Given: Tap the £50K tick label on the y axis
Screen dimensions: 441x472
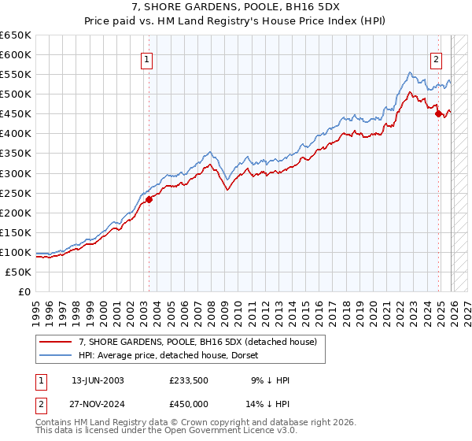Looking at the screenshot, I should [19, 272].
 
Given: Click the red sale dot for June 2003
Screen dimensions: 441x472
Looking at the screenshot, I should [149, 199].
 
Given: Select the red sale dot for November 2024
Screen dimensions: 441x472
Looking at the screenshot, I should [438, 113].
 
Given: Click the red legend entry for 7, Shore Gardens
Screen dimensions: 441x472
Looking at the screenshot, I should [197, 342].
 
